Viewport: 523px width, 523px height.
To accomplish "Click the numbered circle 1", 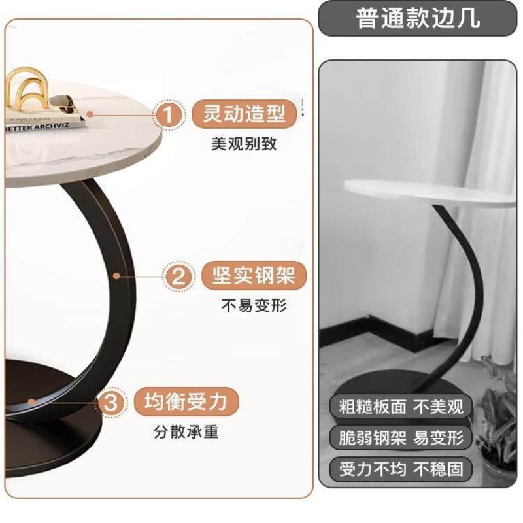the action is (169, 114).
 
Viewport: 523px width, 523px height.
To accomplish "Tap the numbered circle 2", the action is (178, 277).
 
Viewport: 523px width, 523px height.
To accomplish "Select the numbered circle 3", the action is (110, 402).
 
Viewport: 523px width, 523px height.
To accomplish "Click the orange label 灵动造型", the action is (244, 114).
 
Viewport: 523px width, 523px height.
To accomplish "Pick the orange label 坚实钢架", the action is (254, 276).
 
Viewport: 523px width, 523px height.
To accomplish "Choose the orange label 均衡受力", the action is (186, 401).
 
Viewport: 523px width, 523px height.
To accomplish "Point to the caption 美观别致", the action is (244, 144).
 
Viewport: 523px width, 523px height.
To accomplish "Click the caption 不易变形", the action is (254, 305).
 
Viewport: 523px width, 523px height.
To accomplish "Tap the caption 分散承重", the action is (186, 431).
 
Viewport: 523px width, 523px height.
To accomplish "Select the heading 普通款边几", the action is (418, 18).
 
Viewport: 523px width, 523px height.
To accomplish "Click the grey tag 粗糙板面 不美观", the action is (401, 407).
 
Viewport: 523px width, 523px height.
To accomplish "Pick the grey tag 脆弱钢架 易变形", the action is (401, 437).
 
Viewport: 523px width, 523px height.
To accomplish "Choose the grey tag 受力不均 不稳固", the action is (401, 469).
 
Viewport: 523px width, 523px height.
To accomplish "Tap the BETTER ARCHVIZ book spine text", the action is (37, 127).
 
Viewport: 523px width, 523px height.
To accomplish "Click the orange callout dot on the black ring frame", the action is (116, 276).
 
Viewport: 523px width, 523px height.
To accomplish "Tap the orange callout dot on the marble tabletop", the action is (90, 114).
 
